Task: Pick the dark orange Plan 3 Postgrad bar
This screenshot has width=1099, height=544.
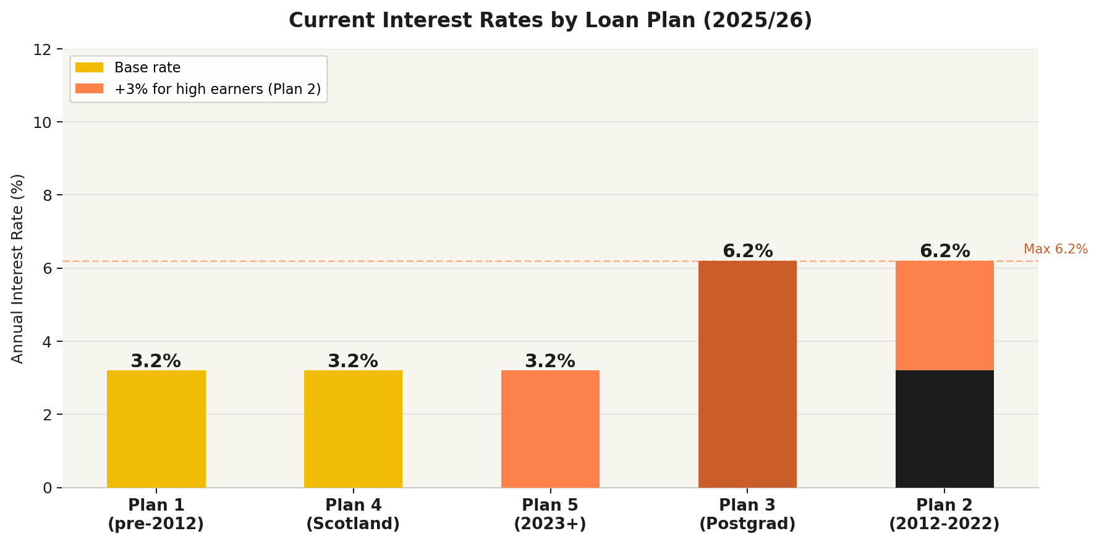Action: [747, 374]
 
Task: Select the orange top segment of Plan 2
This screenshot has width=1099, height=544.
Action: [944, 315]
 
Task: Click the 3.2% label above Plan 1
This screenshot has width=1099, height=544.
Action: [156, 361]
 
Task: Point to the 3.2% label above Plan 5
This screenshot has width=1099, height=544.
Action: [550, 361]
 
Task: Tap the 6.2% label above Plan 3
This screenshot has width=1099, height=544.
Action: [747, 252]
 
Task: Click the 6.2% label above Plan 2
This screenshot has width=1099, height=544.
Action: [944, 252]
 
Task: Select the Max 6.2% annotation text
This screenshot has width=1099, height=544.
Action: [1055, 249]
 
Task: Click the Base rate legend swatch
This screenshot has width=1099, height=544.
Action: [89, 67]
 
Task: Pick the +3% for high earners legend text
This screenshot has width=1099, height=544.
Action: [218, 89]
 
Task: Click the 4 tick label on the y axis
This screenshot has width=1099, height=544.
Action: [48, 341]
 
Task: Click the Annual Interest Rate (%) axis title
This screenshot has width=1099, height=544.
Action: [17, 268]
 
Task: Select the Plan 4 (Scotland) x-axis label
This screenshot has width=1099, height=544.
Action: [353, 514]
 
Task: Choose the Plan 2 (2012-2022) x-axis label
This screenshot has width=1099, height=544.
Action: [944, 514]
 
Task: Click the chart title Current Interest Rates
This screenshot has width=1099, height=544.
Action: [550, 20]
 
